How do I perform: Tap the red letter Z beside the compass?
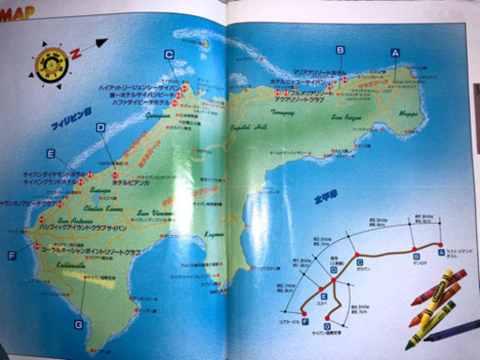[77, 52]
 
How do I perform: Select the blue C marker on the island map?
[169, 54]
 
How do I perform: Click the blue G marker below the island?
[78, 324]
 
